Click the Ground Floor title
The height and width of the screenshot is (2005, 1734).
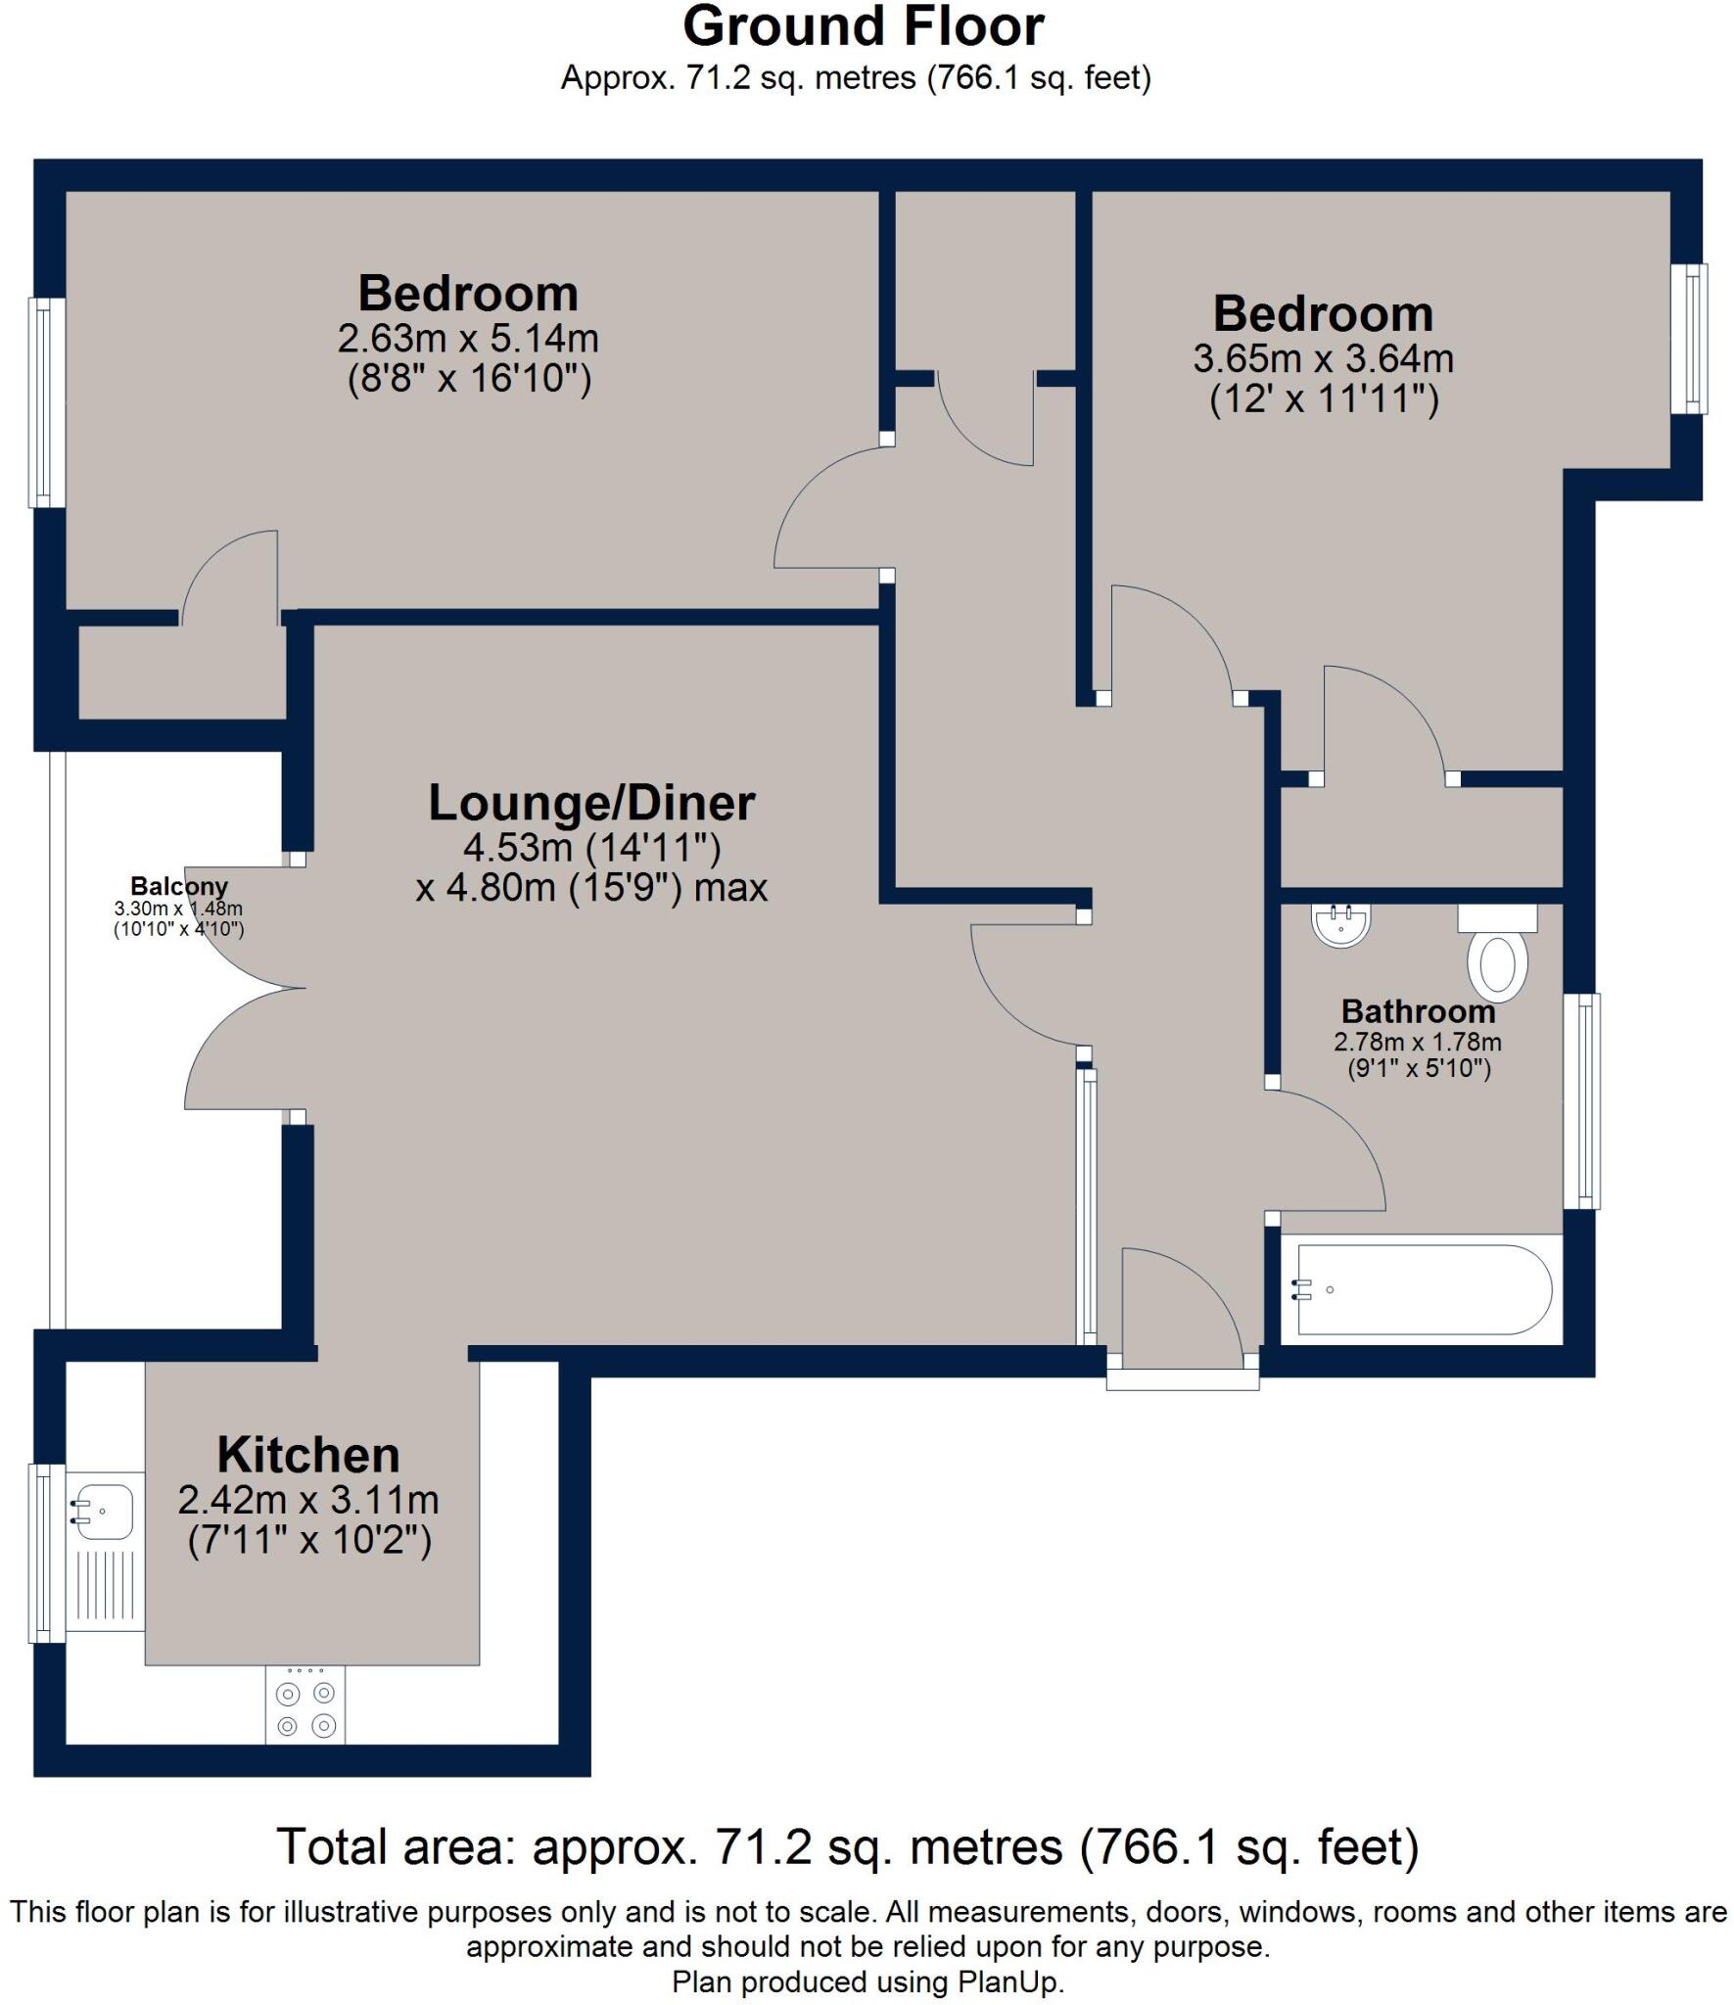864,27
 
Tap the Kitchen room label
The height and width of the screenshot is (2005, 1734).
308,1455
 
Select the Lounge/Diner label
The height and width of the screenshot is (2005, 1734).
591,803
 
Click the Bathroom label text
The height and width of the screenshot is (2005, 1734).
1418,1010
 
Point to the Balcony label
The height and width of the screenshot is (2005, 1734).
179,886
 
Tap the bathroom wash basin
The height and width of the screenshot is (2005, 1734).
1340,925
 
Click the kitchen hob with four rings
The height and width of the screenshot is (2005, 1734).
305,1704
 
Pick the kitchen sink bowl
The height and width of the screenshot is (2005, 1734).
104,1512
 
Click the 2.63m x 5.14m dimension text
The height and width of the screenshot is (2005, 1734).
468,339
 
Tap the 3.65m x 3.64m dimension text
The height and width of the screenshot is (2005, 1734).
1323,359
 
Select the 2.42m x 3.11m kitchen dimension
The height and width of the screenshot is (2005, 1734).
308,1500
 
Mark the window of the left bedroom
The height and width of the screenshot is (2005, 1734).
44,402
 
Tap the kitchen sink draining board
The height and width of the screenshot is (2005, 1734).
106,1588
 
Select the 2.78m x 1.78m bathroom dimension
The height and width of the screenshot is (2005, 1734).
1418,1042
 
